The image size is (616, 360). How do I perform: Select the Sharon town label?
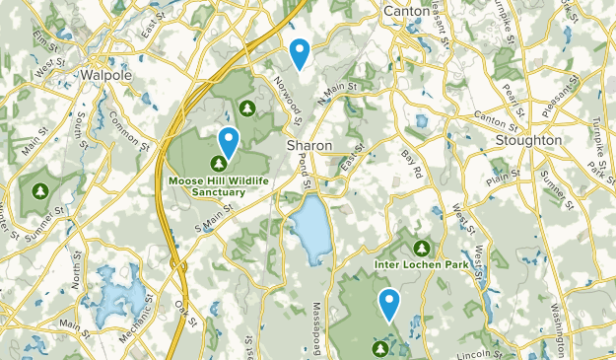coord(308,144)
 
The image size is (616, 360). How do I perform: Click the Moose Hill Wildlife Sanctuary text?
coord(218,186)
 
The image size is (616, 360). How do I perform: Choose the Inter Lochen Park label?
coord(421,265)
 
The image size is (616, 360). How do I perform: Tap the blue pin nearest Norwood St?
coord(300,51)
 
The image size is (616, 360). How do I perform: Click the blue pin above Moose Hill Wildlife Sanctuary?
coord(229,142)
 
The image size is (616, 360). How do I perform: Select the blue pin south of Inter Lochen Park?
coord(390,303)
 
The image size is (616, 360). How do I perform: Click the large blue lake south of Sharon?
coord(308,229)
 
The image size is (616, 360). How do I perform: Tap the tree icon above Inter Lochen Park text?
coord(422,247)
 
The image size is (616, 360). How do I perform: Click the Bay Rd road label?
coord(410,165)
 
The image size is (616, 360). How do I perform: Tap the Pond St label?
coord(306,171)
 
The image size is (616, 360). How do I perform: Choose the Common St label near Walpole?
coord(130,125)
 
